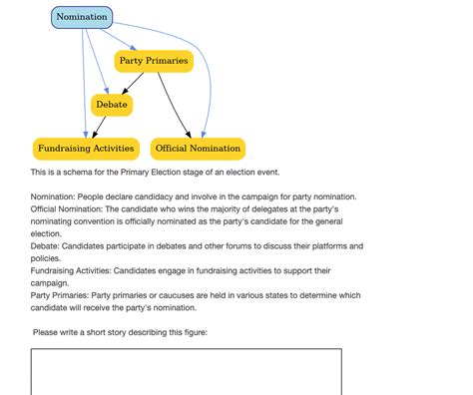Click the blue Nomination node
pos(82,17)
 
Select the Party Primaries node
pos(153,62)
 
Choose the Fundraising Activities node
pos(86,149)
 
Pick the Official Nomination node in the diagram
pos(198,149)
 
